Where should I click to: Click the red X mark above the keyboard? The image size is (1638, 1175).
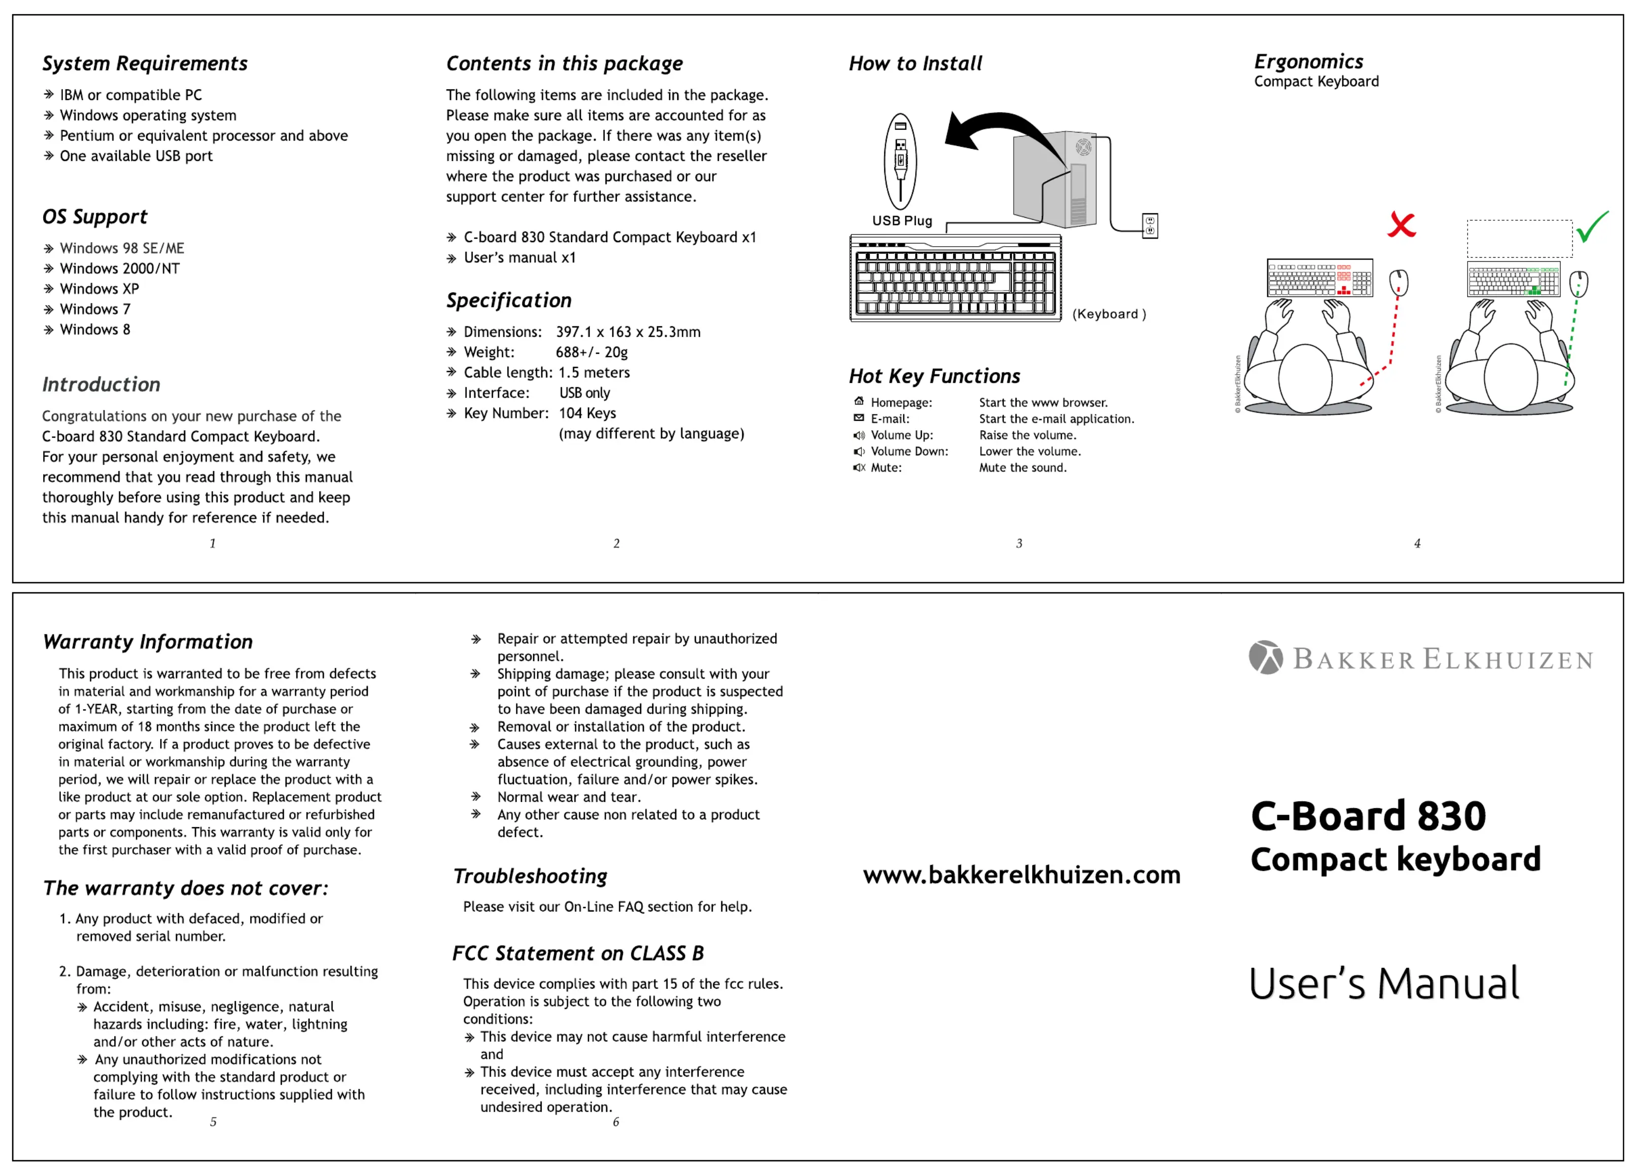tap(1401, 225)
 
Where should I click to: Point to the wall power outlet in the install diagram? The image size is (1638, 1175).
tap(1150, 225)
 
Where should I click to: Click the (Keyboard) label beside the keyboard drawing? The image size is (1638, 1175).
tap(1108, 314)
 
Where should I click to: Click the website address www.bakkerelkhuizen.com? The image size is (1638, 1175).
tap(1021, 875)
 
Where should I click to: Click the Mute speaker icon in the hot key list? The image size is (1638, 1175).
tap(859, 467)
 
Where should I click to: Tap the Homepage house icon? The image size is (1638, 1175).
tap(859, 402)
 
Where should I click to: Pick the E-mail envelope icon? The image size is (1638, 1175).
tap(859, 418)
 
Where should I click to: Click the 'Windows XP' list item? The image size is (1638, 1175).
tap(99, 289)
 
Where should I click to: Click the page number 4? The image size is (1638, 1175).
tap(1417, 544)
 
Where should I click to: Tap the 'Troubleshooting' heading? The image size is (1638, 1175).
tap(530, 877)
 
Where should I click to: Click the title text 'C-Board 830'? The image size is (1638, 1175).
tap(1368, 817)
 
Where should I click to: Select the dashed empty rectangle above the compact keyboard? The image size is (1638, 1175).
tap(1519, 239)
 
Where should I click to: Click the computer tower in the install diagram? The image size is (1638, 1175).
tap(1056, 179)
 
